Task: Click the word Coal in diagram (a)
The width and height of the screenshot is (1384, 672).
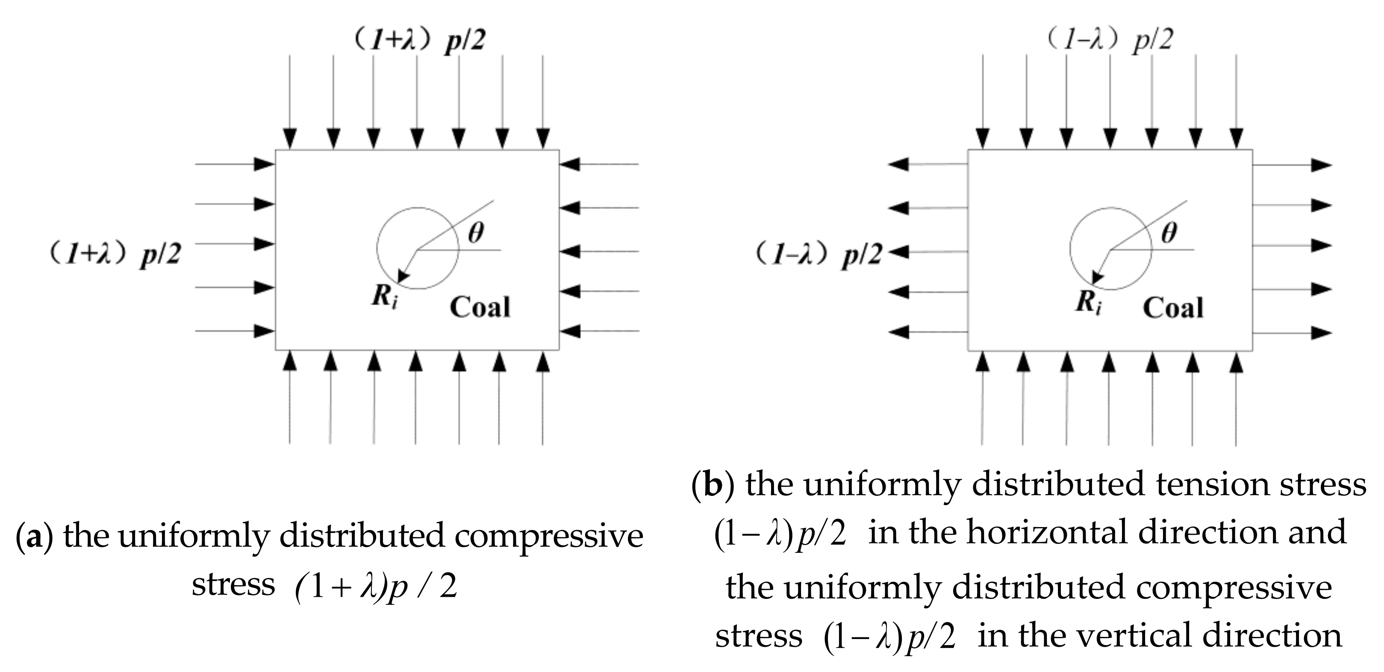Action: point(480,307)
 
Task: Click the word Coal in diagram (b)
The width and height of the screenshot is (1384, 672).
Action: point(1173,308)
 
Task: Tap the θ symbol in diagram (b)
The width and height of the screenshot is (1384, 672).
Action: point(1169,233)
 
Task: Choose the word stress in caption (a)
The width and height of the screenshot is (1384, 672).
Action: point(233,584)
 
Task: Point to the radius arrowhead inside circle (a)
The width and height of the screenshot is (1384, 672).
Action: point(402,277)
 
